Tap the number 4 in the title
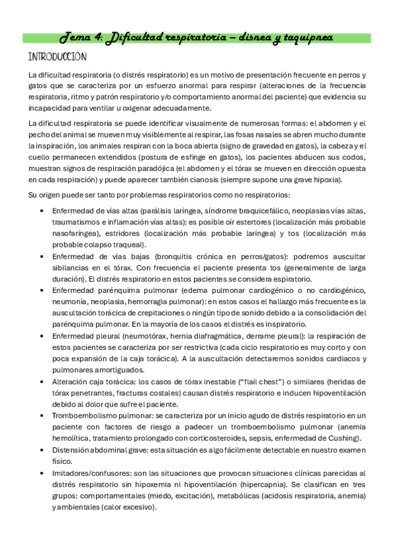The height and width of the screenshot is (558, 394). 98,38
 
